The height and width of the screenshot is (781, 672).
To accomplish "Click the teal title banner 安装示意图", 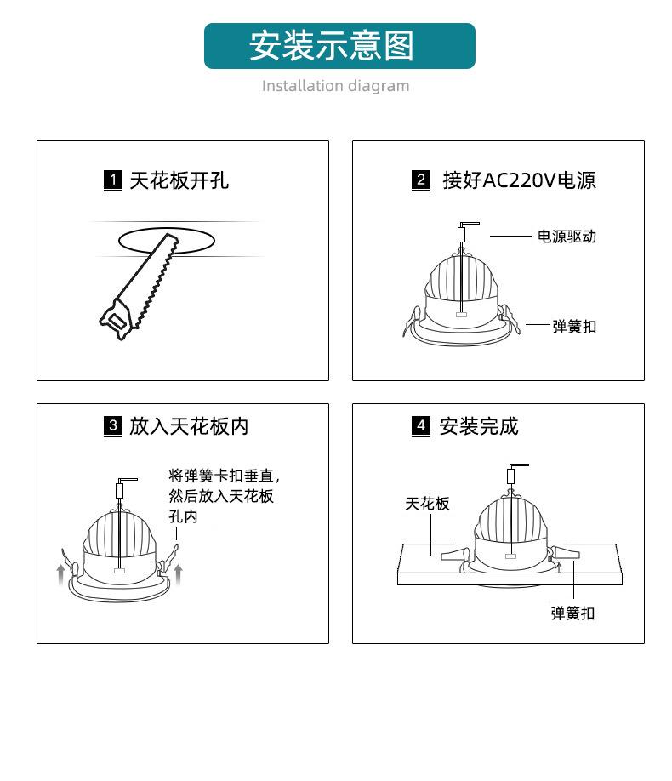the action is [339, 46].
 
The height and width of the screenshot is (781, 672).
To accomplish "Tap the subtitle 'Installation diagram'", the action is [336, 86].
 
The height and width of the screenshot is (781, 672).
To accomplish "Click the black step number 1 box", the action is [113, 180].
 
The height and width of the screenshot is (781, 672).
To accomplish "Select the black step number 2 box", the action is [421, 180].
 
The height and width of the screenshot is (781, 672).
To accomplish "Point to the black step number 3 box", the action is [113, 426].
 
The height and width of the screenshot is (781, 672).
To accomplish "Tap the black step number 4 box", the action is [421, 426].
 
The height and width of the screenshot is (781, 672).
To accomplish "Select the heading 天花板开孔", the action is [179, 180].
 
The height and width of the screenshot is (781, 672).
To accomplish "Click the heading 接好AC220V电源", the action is [519, 180].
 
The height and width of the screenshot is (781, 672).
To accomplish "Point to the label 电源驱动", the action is [567, 237].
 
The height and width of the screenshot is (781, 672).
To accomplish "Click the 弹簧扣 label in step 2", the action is [574, 327].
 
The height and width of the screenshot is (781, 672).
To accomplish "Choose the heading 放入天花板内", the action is [189, 426].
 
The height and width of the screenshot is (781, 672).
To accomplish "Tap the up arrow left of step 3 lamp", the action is [60, 573].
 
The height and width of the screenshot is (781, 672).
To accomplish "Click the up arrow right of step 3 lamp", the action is [179, 573].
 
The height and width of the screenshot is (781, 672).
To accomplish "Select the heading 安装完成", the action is [479, 426].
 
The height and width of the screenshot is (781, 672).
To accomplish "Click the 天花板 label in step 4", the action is [427, 504].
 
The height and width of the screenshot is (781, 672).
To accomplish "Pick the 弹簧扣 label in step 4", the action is [572, 613].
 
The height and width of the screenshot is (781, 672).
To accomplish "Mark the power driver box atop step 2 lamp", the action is [461, 235].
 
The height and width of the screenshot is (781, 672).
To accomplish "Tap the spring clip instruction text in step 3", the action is [225, 496].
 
